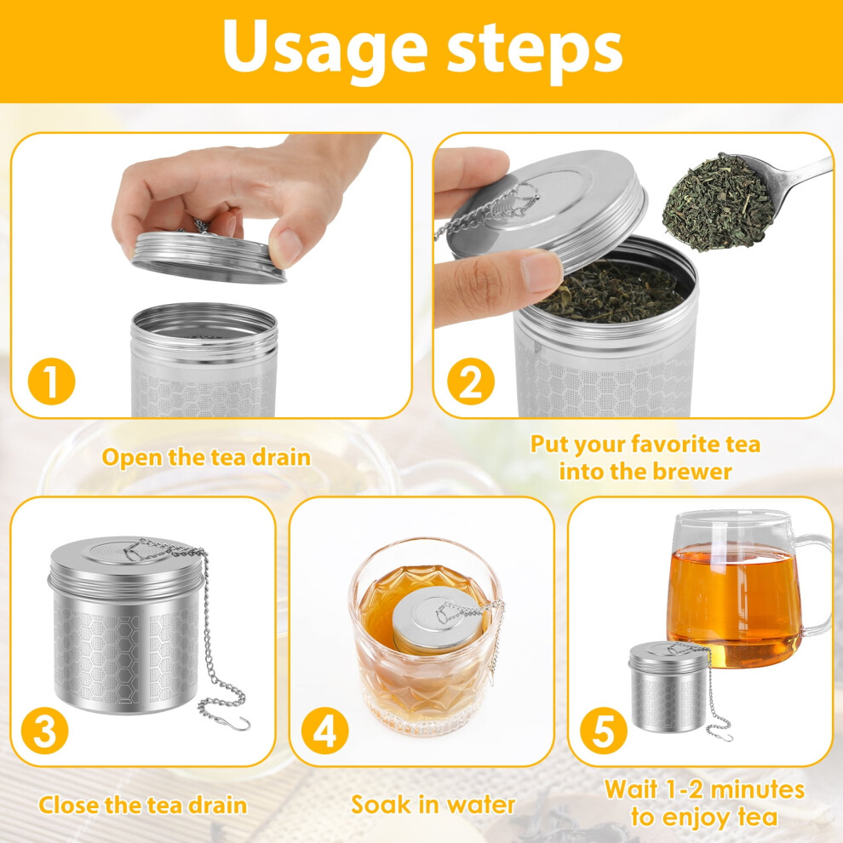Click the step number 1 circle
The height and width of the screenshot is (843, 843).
click(x=52, y=381)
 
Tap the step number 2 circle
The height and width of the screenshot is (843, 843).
click(x=470, y=381)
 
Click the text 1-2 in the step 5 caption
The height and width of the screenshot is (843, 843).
click(x=680, y=789)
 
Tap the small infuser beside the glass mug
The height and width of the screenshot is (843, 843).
click(x=670, y=687)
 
